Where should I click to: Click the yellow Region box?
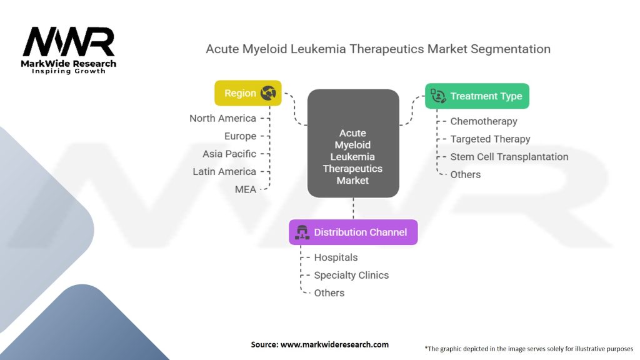247,93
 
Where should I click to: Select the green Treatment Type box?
477,96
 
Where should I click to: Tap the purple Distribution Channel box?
353,232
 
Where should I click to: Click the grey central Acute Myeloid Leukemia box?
353,143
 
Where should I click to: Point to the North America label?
222,118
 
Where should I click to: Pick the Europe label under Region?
240,136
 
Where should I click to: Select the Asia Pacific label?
229,154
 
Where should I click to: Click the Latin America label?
224,171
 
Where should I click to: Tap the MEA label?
245,189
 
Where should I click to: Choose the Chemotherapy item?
484,121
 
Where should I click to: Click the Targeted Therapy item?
490,139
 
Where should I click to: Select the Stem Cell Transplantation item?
509,157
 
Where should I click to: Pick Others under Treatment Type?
465,175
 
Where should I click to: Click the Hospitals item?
336,257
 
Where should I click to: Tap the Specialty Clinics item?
351,276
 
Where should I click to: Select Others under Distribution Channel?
329,293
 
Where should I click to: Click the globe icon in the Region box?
268,93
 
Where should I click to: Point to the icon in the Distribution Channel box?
302,232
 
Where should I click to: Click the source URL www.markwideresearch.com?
334,344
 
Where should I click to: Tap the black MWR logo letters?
69,41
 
